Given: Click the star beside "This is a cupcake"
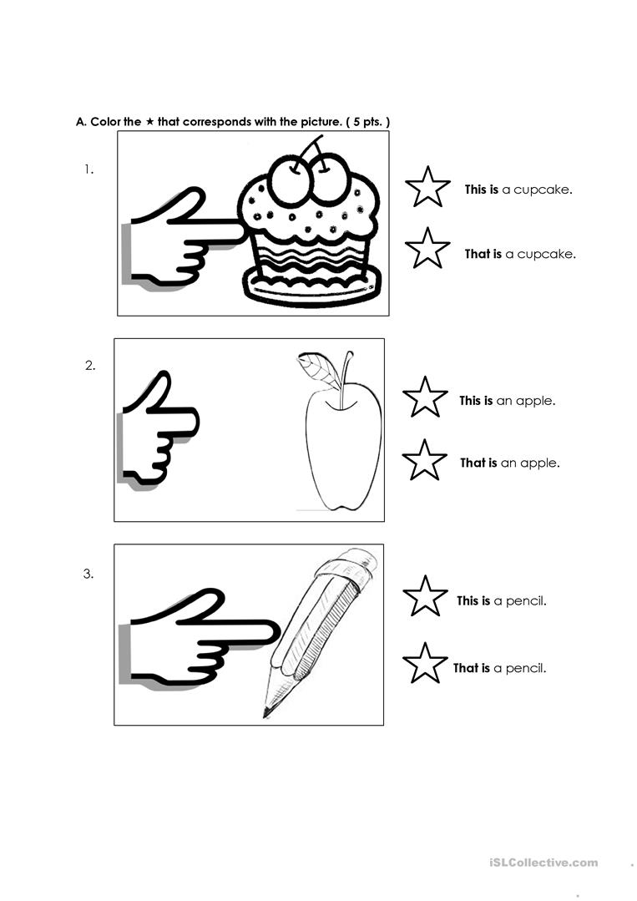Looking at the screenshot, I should click(427, 187).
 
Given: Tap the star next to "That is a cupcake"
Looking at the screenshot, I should click(427, 249).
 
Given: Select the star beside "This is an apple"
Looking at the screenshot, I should click(425, 397).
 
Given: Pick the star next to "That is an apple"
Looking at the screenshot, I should click(425, 460).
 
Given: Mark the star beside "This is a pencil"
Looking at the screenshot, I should click(425, 597).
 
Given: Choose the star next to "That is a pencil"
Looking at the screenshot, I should click(425, 664).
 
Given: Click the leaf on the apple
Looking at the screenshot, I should click(316, 368).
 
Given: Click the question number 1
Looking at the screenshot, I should click(88, 170).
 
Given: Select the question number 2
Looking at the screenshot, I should click(90, 365).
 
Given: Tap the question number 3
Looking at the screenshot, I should click(88, 574).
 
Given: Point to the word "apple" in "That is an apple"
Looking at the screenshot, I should click(540, 463).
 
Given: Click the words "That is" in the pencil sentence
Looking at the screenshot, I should click(472, 668).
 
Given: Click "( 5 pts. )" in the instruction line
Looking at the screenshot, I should click(368, 122).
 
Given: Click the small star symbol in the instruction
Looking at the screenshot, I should click(149, 122).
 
